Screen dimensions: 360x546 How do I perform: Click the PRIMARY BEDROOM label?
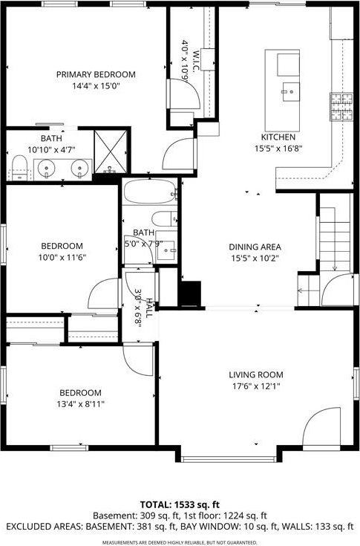[96, 74]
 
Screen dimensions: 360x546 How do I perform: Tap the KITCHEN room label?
[278, 137]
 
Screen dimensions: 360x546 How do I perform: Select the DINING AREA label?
[255, 247]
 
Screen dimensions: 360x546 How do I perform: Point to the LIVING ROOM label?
[256, 374]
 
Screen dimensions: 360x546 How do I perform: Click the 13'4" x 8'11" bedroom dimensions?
[80, 404]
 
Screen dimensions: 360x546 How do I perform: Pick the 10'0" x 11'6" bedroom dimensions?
[62, 257]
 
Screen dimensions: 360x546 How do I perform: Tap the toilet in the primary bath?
[19, 168]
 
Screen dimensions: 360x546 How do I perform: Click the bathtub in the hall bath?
[150, 192]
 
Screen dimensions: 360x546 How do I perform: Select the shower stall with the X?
[111, 152]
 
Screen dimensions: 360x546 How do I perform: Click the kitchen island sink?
[291, 92]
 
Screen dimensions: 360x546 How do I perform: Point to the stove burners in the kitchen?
[341, 106]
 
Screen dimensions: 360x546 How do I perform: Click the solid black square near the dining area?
[189, 293]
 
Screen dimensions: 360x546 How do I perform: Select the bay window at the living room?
[229, 460]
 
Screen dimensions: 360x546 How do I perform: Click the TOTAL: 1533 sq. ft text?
[180, 504]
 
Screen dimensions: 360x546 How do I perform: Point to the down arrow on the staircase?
[335, 239]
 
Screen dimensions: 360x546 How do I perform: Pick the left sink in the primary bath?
[46, 169]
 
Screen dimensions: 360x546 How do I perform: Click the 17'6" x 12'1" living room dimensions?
[256, 386]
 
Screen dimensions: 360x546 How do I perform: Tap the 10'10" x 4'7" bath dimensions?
[51, 150]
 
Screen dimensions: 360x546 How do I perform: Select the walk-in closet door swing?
[184, 94]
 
